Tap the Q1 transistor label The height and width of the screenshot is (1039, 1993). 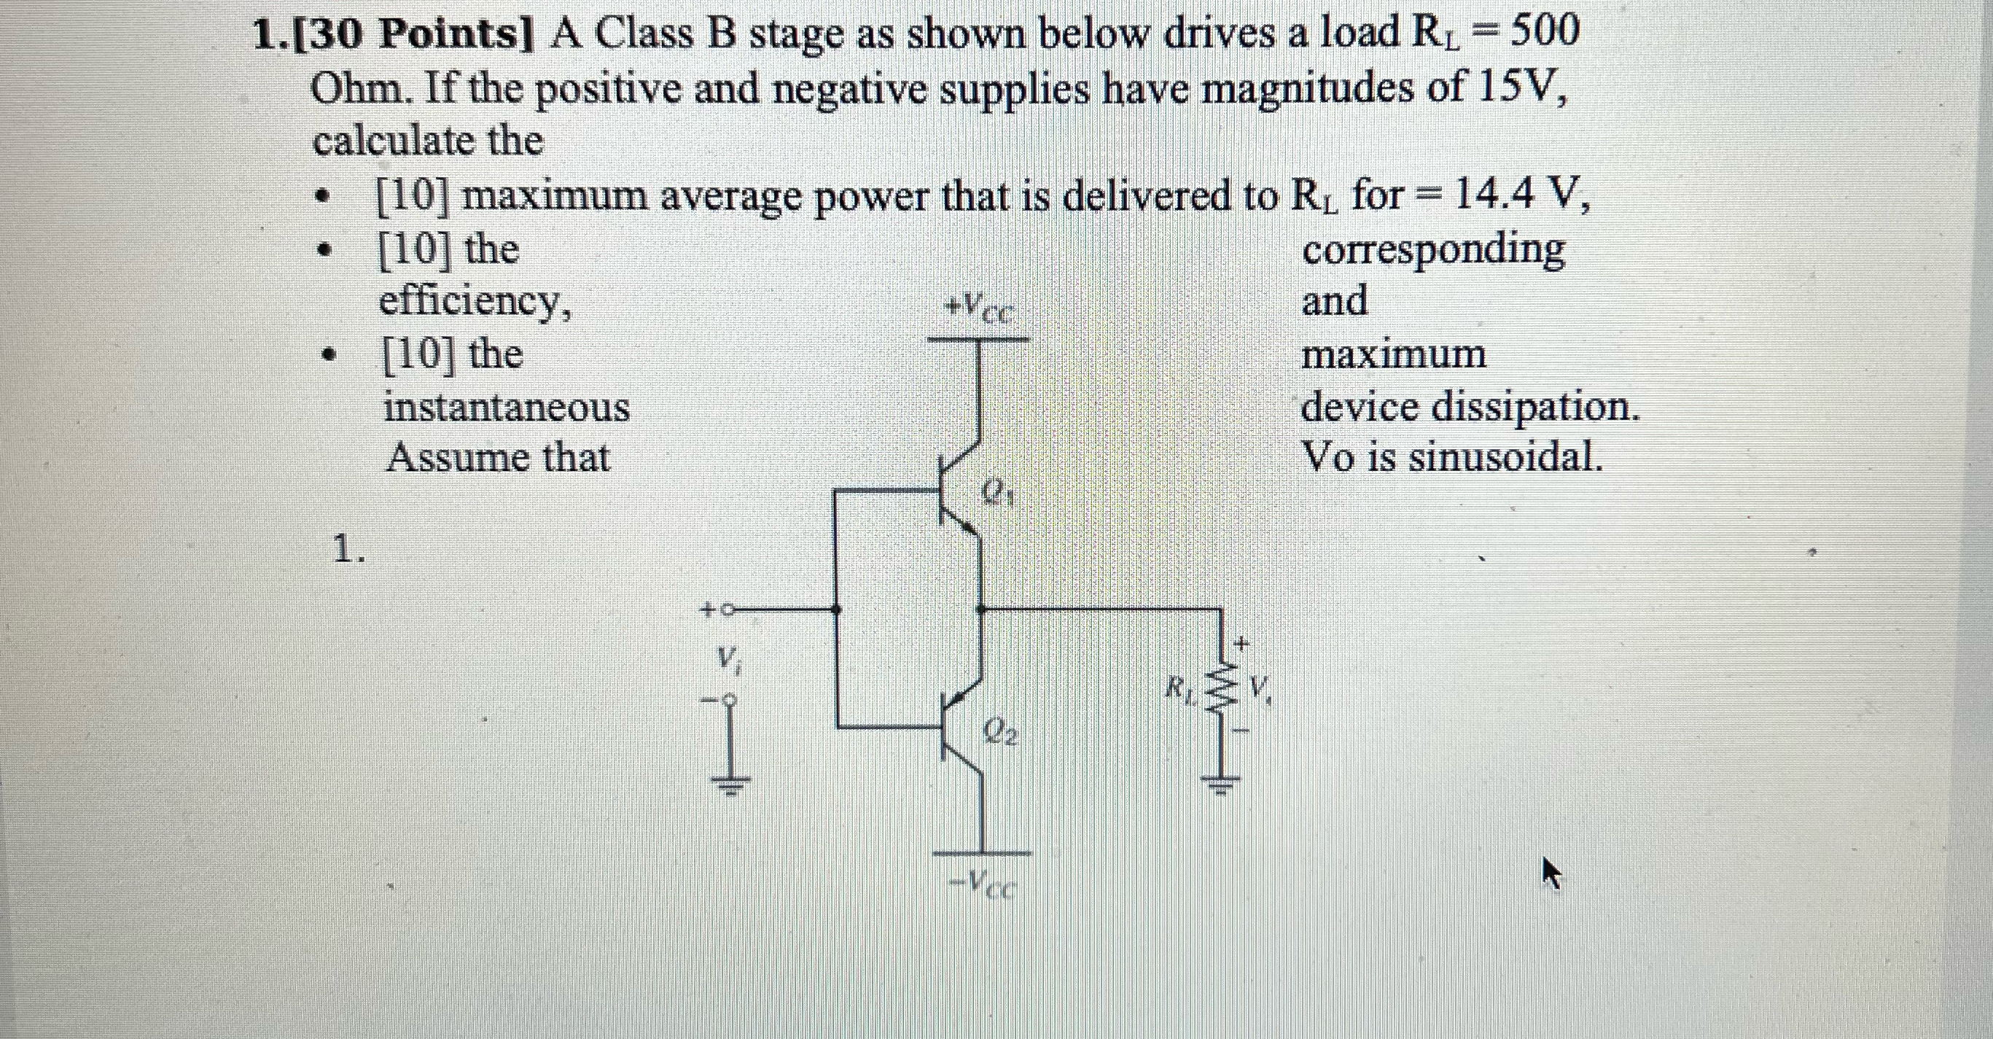coord(999,492)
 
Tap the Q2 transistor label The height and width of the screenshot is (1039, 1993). coord(1000,732)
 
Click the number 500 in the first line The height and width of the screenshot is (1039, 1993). coord(1534,33)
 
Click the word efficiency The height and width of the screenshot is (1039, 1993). coord(475,302)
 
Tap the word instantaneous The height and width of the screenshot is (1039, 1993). coord(507,408)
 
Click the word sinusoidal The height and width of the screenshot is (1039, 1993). coord(1505,458)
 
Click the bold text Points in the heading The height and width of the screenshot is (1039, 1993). coord(456,35)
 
